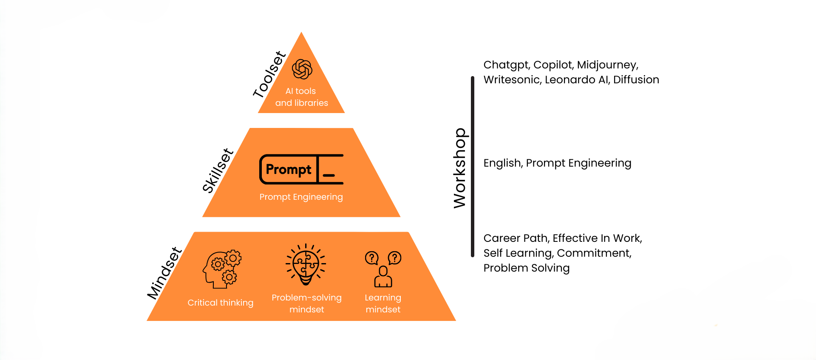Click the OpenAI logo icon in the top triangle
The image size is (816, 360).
pos(302,69)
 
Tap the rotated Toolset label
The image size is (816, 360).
pos(269,75)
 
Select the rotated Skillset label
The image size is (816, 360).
pos(218,170)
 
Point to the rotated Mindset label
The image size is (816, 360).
pos(164,273)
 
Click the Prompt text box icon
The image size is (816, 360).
pos(301,169)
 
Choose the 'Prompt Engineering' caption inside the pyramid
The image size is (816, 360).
pos(301,197)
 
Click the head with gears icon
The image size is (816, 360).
pos(222,269)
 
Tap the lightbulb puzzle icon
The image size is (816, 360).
pos(306,264)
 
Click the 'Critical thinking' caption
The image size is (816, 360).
pos(220,303)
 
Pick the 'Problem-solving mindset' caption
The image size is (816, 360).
pos(306,303)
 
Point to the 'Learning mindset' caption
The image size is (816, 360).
pos(383,303)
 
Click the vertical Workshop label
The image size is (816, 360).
pos(460,168)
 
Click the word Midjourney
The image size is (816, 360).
pos(607,65)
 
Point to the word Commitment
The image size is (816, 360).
pos(594,253)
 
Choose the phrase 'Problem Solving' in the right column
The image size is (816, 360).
pos(527,268)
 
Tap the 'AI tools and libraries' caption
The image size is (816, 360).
pos(301,97)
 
